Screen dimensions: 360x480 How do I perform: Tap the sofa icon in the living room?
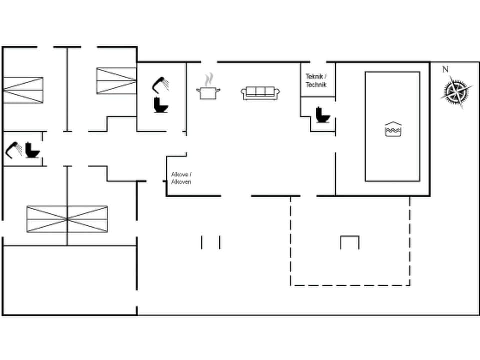tap(260, 93)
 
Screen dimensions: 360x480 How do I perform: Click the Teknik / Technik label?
tap(316, 81)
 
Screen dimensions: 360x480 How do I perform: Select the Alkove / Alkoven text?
tap(181, 178)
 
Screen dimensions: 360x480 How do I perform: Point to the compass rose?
tap(456, 91)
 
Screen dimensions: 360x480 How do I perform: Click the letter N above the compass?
tap(445, 70)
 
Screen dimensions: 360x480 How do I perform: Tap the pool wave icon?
tap(392, 129)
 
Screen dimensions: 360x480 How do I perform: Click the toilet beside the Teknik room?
tap(322, 115)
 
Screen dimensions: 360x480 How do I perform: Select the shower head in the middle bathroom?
tap(161, 84)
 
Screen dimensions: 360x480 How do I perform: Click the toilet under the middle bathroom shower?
tap(161, 105)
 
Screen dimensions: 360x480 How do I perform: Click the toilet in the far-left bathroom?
tap(33, 150)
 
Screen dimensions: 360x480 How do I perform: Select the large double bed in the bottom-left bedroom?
tap(67, 219)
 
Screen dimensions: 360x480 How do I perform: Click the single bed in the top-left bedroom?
tap(23, 90)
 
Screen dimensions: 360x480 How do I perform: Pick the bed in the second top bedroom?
tap(116, 81)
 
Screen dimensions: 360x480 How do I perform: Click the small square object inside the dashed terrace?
tap(350, 242)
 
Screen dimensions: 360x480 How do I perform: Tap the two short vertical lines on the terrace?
tap(210, 242)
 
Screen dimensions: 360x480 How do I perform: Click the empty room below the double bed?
tap(69, 280)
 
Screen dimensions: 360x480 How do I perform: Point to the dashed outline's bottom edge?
tap(350, 285)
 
